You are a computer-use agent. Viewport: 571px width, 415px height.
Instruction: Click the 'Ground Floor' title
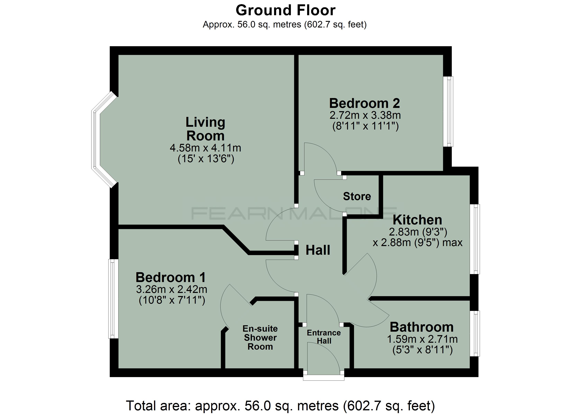285,10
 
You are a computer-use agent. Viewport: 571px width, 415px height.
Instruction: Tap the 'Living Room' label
205,129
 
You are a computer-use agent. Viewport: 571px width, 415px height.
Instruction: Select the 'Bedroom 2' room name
365,103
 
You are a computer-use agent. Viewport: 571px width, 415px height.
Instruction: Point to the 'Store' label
357,196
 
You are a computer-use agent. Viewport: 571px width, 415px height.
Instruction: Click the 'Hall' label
318,250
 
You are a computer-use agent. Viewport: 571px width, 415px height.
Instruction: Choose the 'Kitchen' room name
417,220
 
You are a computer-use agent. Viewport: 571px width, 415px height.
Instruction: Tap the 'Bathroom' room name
422,327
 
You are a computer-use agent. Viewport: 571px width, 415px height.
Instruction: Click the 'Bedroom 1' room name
171,277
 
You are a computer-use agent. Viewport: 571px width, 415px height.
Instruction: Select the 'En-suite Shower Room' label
260,338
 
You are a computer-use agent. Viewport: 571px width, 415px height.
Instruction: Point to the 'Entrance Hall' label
324,337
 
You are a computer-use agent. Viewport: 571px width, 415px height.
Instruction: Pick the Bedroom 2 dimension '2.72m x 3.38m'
365,115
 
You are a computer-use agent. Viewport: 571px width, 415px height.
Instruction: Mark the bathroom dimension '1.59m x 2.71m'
422,339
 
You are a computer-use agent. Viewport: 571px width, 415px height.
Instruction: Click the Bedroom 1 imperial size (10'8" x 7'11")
172,300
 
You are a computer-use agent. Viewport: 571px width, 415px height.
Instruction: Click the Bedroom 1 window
113,299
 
